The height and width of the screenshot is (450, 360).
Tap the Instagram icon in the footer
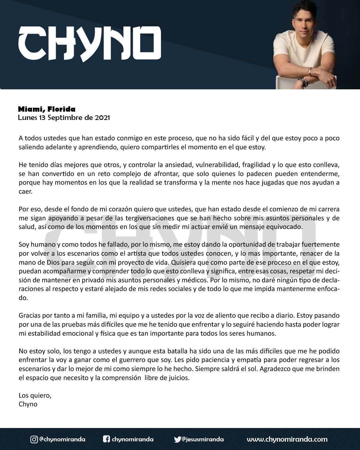[34, 439]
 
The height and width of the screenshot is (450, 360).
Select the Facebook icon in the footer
[106, 439]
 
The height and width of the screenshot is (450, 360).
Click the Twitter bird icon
[177, 439]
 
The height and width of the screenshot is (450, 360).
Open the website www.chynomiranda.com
[287, 439]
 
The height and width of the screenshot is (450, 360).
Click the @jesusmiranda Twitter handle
[203, 439]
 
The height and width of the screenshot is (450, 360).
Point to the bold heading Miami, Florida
[47, 109]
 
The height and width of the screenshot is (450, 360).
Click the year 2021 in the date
[102, 118]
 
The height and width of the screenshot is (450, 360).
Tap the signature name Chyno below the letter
[28, 404]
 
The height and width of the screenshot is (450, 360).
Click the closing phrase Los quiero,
[35, 396]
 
